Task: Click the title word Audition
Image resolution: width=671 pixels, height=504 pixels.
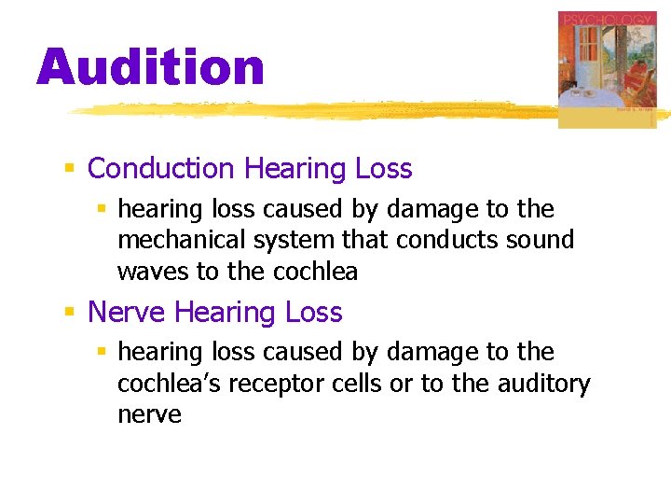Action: (151, 68)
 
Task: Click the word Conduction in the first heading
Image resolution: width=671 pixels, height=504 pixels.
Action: (160, 169)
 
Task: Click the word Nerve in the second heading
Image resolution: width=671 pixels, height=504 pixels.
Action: (127, 312)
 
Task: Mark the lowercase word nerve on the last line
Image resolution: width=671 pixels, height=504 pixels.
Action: (149, 415)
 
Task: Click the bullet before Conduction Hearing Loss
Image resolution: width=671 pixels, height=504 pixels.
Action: (69, 170)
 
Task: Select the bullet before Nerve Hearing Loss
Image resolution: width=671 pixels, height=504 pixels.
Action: (69, 313)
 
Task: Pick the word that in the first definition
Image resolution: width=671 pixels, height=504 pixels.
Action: (368, 240)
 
